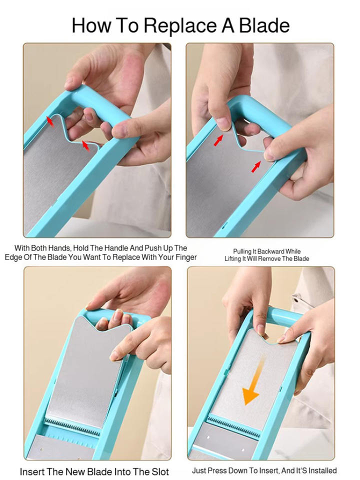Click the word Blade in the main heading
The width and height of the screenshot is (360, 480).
[264, 25]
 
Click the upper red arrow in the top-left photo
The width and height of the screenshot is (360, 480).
[50, 121]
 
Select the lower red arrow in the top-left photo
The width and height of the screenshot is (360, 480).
[86, 145]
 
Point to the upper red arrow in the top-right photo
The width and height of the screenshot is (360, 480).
[218, 140]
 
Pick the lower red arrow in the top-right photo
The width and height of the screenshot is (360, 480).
[256, 166]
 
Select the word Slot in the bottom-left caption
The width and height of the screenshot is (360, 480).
[160, 471]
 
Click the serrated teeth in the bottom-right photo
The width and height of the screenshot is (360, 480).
[233, 426]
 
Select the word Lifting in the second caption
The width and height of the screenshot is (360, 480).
[232, 258]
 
